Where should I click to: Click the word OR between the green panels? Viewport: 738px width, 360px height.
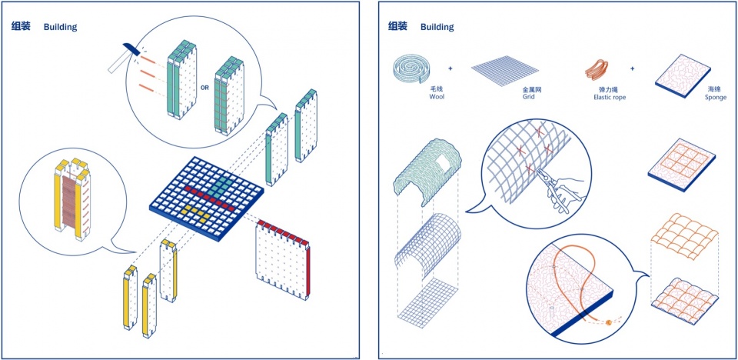[x=204, y=88]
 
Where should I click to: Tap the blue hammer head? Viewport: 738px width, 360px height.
[x=131, y=48]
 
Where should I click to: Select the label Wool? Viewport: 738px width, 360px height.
[x=437, y=97]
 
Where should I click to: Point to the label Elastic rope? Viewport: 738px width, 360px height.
[x=610, y=98]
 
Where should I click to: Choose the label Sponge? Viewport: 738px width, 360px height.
[x=716, y=98]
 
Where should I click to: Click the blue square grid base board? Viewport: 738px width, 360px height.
[x=207, y=198]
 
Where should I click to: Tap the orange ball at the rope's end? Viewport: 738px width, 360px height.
[x=609, y=322]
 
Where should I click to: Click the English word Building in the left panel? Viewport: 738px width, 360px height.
[x=60, y=27]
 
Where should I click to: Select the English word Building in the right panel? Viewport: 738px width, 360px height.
[x=437, y=27]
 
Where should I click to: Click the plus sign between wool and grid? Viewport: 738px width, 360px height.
[x=450, y=68]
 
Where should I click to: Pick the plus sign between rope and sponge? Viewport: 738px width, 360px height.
[x=633, y=68]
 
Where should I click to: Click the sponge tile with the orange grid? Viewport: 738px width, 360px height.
[x=682, y=165]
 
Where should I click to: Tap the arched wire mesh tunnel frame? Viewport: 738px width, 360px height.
[x=427, y=245]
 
